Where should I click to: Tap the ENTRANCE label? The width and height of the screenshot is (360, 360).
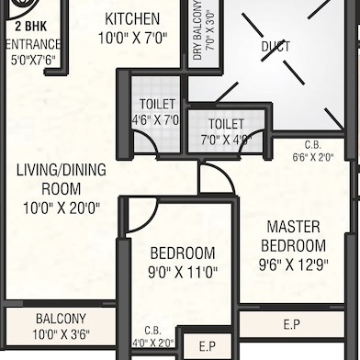33,44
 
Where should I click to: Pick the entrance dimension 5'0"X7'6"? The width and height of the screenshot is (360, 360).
33,62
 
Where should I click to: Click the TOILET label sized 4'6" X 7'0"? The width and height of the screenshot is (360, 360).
156,104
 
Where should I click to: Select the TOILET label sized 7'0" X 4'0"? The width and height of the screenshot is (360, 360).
226,124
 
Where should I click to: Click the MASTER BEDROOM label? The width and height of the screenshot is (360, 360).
293,235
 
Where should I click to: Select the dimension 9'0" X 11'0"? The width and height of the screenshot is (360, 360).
182,273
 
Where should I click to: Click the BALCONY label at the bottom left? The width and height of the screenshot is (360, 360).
62,318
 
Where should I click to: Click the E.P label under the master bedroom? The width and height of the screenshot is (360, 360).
291,324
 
